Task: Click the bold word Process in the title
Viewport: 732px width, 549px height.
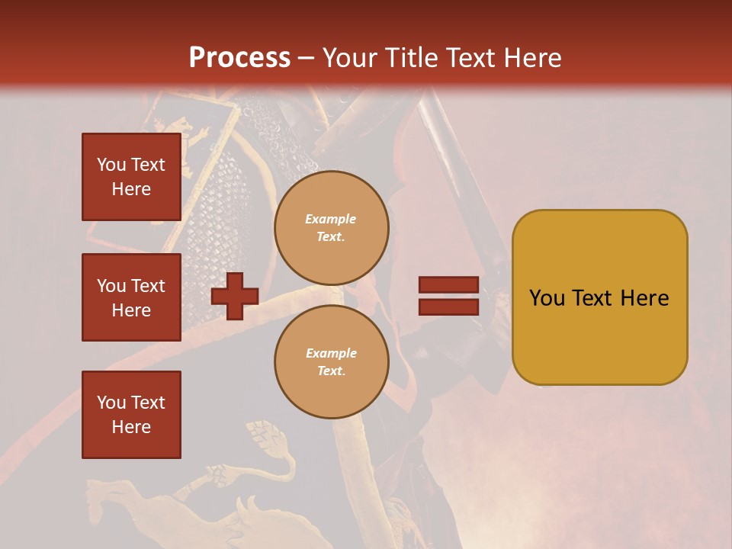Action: click(239, 57)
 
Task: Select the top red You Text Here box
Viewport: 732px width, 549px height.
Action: click(131, 177)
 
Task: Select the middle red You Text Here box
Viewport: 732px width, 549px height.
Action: click(131, 297)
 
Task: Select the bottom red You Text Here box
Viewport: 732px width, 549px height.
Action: click(131, 415)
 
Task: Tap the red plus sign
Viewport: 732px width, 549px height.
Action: click(234, 296)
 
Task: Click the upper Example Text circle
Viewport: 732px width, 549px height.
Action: click(331, 228)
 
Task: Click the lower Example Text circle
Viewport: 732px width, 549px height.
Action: click(331, 361)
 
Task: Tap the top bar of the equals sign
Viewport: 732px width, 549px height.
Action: click(448, 285)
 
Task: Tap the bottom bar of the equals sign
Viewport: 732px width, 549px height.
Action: click(448, 307)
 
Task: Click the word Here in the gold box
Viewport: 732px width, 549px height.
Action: click(644, 298)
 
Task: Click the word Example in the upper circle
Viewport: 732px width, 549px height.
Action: click(331, 219)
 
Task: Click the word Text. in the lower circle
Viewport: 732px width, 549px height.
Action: click(331, 371)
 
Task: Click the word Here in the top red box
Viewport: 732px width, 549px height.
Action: click(131, 189)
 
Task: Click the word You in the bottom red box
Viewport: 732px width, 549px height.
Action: click(111, 403)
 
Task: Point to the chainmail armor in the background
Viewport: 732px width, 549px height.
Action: click(221, 206)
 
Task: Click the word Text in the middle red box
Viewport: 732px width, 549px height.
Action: click(148, 286)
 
